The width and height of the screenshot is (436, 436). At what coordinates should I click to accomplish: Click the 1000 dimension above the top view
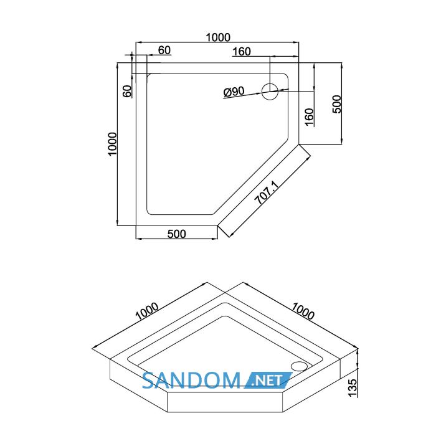click(x=218, y=37)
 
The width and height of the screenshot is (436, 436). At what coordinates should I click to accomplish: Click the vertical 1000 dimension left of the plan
click(x=112, y=144)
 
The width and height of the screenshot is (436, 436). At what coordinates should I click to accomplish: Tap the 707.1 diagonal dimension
click(x=267, y=192)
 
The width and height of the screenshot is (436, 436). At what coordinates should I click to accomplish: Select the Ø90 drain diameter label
click(x=234, y=92)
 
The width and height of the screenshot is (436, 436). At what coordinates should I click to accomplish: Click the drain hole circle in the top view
click(x=270, y=92)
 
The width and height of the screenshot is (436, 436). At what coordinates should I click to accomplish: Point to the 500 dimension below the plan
click(x=176, y=234)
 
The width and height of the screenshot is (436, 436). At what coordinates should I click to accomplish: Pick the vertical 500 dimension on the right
click(x=337, y=104)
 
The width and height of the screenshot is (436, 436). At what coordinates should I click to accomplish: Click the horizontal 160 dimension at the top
click(x=242, y=52)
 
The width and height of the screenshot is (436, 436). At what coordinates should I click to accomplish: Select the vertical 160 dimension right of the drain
click(x=309, y=117)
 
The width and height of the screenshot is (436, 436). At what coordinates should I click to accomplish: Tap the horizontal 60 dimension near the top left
click(x=164, y=50)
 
